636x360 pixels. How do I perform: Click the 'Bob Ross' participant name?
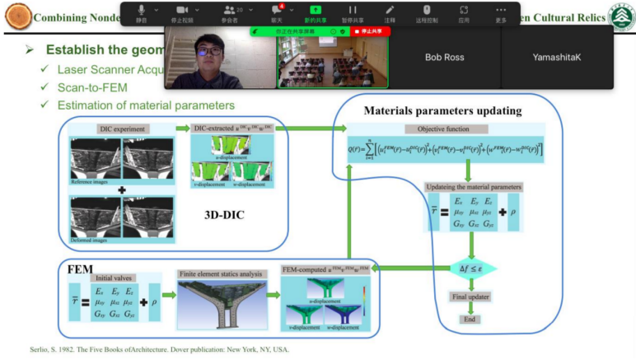[445, 58]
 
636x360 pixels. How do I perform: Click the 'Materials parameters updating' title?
[443, 110]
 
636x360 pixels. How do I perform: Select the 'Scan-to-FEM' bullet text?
[92, 86]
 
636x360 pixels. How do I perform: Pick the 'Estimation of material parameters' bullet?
[146, 105]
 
